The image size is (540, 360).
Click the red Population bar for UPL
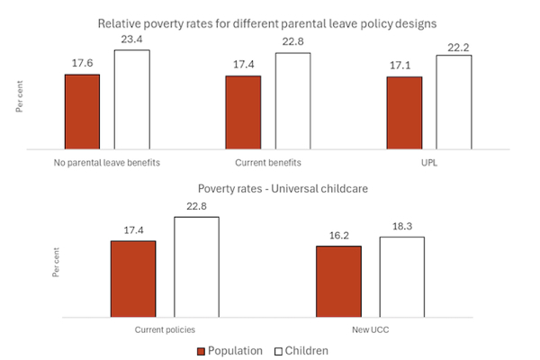(x=404, y=112)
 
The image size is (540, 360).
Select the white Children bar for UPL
(x=454, y=102)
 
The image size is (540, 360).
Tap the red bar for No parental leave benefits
(x=82, y=111)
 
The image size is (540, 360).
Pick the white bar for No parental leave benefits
(x=131, y=98)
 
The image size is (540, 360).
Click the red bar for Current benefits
(x=243, y=112)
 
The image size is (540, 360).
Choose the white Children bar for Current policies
(x=196, y=267)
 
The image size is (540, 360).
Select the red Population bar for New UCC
(x=338, y=281)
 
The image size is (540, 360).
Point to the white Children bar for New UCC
(x=401, y=277)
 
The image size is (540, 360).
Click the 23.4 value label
(x=131, y=40)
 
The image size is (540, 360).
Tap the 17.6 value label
(x=82, y=64)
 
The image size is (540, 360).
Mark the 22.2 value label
(x=454, y=45)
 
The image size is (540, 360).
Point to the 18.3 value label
(x=401, y=227)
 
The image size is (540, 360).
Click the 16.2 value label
(x=338, y=236)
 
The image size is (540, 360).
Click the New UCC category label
(x=370, y=330)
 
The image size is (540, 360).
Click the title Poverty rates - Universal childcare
(x=269, y=190)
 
